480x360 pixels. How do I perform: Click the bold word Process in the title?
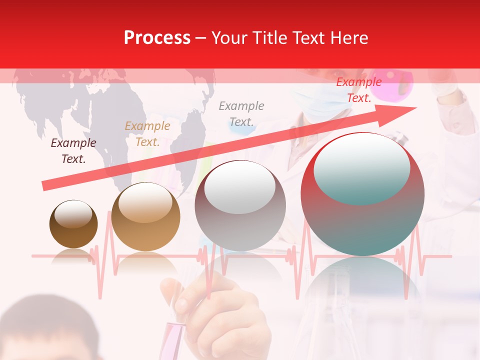point(157,38)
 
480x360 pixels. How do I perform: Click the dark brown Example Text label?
point(73,151)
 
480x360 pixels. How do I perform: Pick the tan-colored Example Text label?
point(147,134)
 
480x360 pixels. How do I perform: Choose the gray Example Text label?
point(241,113)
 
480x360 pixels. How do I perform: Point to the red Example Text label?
point(359,90)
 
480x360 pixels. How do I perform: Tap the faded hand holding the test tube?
point(225,315)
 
